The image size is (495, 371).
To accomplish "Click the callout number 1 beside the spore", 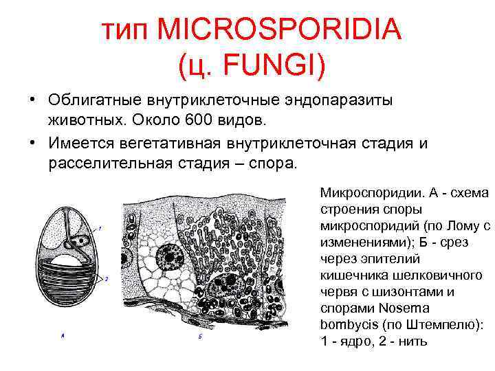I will point(100,227).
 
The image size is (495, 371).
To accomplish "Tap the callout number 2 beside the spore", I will point(107,278).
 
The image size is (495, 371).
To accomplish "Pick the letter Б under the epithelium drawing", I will point(199,336).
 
